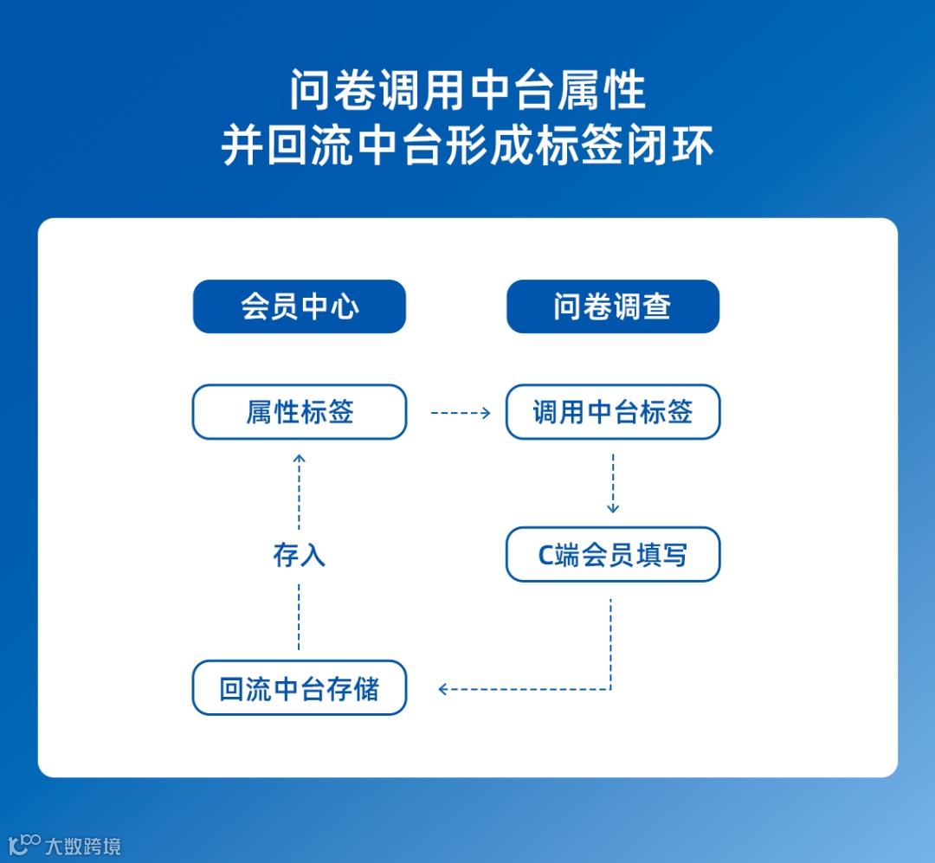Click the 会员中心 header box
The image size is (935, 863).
click(x=300, y=306)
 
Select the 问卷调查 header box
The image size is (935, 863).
click(x=613, y=306)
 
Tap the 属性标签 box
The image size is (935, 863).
click(x=300, y=412)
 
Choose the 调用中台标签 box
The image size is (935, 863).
click(x=613, y=412)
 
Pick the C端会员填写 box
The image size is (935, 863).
click(x=613, y=554)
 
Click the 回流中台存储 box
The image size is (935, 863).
click(x=300, y=689)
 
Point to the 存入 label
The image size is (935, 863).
click(x=300, y=555)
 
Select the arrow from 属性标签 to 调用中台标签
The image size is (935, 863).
click(x=461, y=413)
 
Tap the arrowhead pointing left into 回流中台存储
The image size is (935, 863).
click(x=443, y=689)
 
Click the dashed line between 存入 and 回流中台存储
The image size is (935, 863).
click(x=300, y=616)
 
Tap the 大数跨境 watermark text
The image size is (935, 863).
click(x=83, y=846)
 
